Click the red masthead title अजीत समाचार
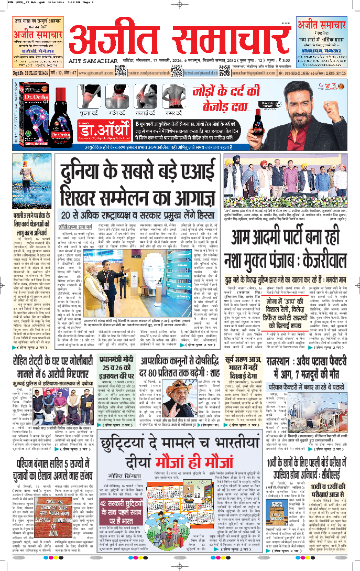click(x=179, y=41)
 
